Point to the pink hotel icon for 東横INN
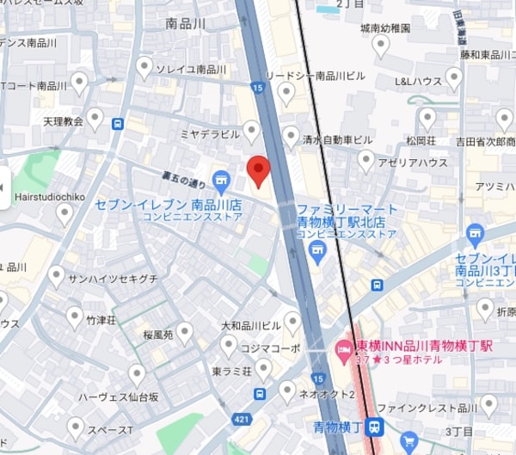[341, 348]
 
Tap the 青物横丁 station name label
[337, 426]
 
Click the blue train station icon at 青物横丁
[373, 426]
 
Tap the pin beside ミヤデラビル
[251, 131]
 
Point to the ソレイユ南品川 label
[191, 69]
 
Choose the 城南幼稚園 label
[385, 28]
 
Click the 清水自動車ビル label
[341, 138]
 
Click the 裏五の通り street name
[184, 182]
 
